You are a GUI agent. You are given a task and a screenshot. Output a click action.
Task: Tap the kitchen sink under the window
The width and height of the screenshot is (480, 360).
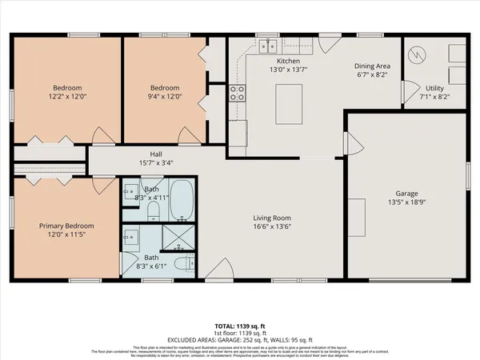[x=270, y=46]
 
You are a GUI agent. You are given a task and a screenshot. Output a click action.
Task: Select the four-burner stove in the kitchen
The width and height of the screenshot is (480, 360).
[x=238, y=94]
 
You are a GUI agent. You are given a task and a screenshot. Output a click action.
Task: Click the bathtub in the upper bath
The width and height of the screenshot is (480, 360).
[x=182, y=199]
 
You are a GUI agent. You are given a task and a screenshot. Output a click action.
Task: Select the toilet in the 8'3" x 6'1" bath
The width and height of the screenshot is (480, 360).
[x=184, y=263]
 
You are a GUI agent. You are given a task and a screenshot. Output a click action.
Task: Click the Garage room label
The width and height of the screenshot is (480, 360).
[x=407, y=193]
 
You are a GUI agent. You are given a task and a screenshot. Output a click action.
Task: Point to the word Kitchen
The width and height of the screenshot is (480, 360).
[x=287, y=61]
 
